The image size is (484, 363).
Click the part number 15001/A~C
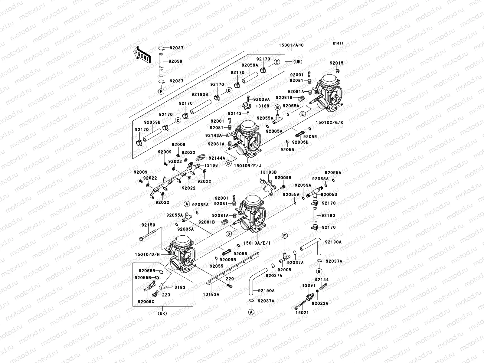291,45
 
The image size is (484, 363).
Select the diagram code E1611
338,43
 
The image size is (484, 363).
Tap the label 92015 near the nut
336,63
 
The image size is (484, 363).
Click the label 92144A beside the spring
217,158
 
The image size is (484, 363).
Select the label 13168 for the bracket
211,165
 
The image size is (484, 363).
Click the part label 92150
148,225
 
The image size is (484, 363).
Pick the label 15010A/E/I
257,243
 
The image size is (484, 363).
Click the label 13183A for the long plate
211,294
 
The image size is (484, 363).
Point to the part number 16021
302,312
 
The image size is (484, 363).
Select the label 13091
309,285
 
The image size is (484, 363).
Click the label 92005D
329,195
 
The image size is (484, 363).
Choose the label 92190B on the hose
200,94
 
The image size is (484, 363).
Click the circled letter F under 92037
161,91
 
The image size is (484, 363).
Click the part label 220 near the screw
230,279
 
